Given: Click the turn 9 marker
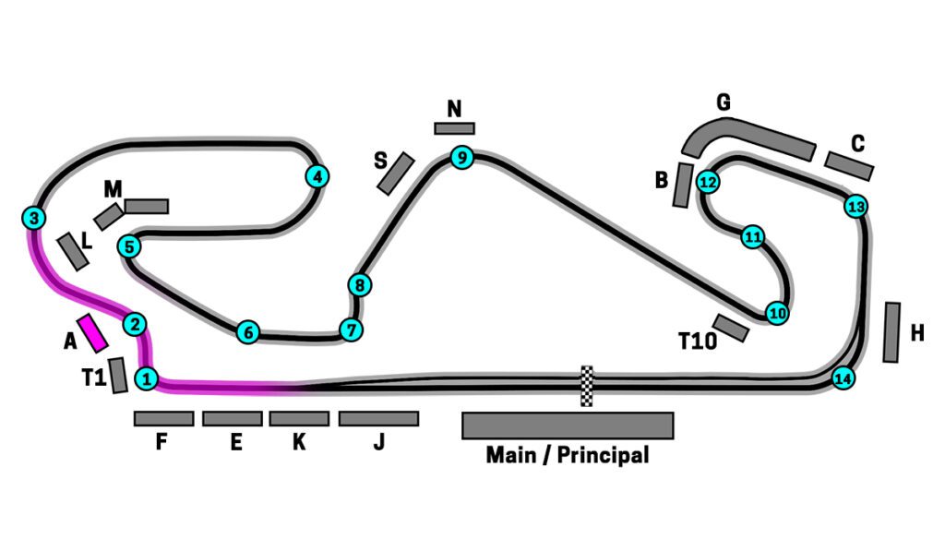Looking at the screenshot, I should point(462,159).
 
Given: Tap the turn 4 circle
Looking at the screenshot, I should point(317,176).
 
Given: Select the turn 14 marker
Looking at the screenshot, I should point(842,377).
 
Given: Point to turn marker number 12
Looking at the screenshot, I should point(708,182).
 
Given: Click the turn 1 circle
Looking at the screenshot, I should point(146,377).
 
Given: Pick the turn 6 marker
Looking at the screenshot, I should point(246,332).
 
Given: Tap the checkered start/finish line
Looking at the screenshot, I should point(586,386).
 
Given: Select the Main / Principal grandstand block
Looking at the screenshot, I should point(567,425).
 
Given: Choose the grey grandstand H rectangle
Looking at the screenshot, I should point(891,331).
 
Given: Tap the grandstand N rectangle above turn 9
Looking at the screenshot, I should point(454,128).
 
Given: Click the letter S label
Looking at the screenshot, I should point(380,161).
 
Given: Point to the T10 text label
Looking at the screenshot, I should point(697,341).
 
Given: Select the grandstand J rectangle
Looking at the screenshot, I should point(378,419).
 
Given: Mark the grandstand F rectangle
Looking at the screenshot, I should point(163,419).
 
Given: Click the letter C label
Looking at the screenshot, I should point(857,143).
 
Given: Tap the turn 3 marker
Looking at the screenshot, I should point(33,219).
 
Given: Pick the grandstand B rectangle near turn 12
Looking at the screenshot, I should point(683,185).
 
